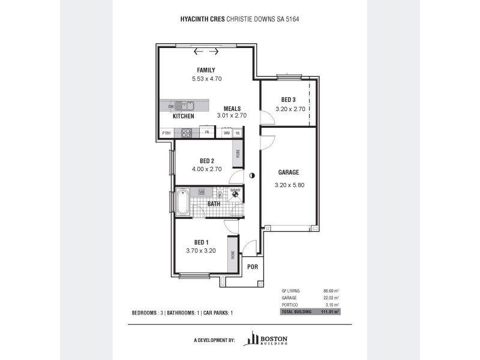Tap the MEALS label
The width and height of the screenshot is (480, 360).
click(x=232, y=109)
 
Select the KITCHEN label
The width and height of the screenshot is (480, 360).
click(x=184, y=116)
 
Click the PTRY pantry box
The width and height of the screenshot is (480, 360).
click(x=166, y=133)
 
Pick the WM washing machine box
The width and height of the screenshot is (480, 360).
click(x=227, y=133)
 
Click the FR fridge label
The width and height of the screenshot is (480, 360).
click(x=206, y=133)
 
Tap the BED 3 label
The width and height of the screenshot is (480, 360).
click(x=288, y=100)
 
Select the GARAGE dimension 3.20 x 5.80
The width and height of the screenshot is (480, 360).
click(x=290, y=185)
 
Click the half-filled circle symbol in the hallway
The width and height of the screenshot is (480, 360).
click(x=252, y=175)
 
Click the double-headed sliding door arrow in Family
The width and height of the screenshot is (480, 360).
click(x=202, y=51)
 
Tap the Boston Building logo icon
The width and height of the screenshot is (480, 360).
click(x=251, y=339)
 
